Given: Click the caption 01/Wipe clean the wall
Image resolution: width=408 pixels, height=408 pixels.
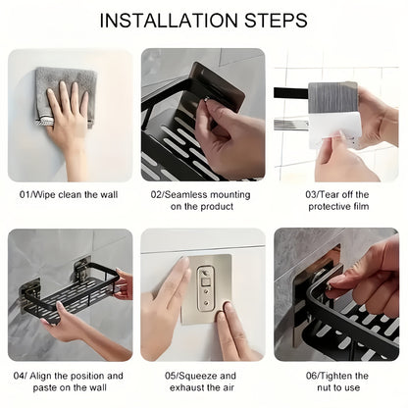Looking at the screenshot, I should [70, 195].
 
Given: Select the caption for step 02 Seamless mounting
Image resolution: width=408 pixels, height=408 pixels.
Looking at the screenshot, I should [203, 201].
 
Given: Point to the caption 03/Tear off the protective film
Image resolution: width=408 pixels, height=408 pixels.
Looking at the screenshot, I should [335, 201].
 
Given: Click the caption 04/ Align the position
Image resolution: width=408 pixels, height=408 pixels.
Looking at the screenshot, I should [70, 382].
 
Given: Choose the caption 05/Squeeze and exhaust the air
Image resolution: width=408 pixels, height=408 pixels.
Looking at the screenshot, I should [203, 382].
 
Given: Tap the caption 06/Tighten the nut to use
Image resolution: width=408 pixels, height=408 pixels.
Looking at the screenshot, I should [336, 382].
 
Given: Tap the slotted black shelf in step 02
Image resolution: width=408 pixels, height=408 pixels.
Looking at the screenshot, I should [177, 147].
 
